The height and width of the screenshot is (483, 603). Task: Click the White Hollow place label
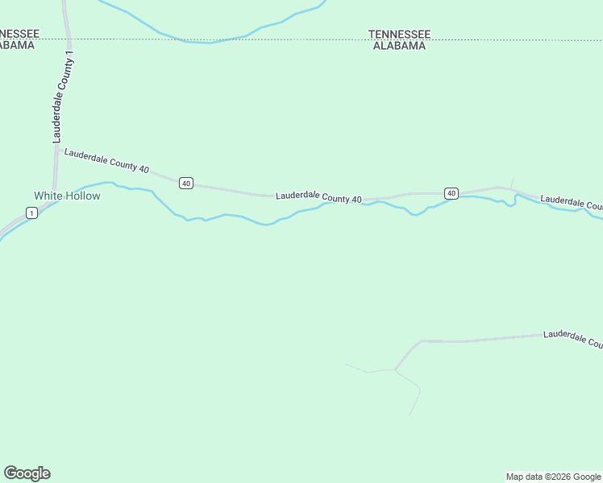[67, 196]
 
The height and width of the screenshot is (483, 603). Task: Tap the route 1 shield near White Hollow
[31, 213]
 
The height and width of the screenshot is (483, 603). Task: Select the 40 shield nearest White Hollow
[186, 184]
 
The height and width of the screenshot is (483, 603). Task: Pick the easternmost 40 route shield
[451, 193]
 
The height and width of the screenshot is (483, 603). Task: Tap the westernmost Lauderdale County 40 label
[106, 160]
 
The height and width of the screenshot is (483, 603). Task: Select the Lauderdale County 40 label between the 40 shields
[318, 196]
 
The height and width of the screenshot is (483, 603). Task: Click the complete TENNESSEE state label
[399, 34]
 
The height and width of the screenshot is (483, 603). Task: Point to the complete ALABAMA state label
[399, 46]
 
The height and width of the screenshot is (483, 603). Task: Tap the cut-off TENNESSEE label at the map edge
[15, 34]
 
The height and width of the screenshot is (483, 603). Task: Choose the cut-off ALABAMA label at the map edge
[17, 45]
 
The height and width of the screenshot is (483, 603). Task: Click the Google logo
[27, 473]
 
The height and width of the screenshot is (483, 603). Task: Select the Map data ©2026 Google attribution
[553, 477]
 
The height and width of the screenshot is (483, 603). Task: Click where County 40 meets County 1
[56, 151]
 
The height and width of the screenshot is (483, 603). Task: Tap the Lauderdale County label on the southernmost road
[572, 339]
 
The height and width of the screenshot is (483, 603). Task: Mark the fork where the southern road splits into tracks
[395, 369]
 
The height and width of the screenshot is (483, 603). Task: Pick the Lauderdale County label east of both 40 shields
[571, 202]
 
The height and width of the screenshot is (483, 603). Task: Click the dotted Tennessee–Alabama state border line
[242, 38]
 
